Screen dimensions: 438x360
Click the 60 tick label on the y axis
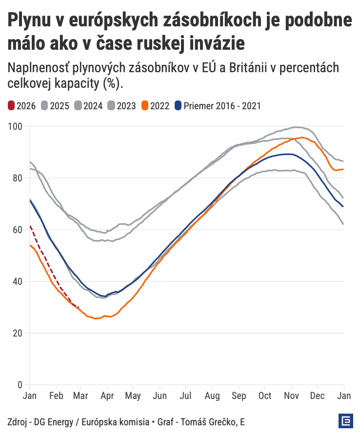(18, 230)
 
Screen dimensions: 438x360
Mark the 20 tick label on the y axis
(18, 333)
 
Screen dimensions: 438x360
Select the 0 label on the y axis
(20, 385)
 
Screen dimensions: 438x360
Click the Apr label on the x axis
(108, 396)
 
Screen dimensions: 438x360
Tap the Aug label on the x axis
(213, 396)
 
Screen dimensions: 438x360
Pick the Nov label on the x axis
(291, 396)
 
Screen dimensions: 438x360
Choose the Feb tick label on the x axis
(57, 396)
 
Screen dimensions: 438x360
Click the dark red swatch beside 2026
(12, 106)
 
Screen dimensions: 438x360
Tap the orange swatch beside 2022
(145, 106)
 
